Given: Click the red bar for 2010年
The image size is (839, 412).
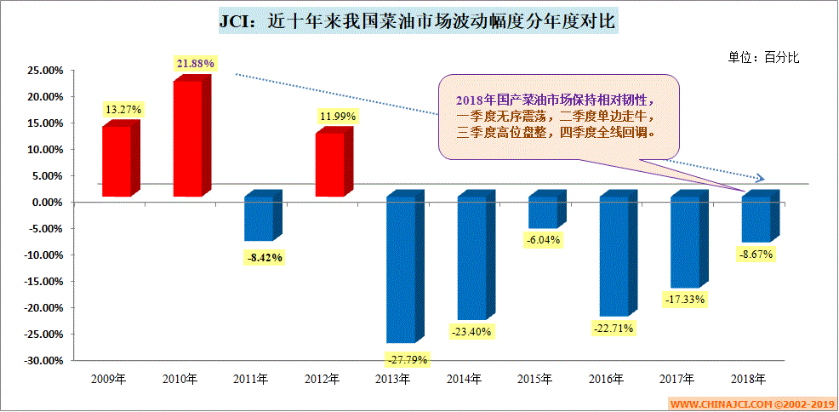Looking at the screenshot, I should pyautogui.click(x=190, y=138).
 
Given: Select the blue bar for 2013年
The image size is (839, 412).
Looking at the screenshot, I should pyautogui.click(x=402, y=269).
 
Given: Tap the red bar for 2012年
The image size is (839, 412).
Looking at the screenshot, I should pyautogui.click(x=332, y=163).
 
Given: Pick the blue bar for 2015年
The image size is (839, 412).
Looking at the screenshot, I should pyautogui.click(x=545, y=213).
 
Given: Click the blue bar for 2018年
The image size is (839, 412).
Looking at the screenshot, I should pyautogui.click(x=757, y=219).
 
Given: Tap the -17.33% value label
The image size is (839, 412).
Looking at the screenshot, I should pyautogui.click(x=684, y=300).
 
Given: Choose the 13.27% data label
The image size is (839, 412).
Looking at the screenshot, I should pyautogui.click(x=123, y=110).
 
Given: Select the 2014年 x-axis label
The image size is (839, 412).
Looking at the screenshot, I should pyautogui.click(x=465, y=379).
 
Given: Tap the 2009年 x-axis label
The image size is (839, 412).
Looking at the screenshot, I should pyautogui.click(x=109, y=379).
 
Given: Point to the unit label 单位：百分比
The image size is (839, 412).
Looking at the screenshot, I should pyautogui.click(x=763, y=57).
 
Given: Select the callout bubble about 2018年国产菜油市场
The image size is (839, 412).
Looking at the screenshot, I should pyautogui.click(x=558, y=117).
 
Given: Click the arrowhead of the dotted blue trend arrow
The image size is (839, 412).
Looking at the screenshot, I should pyautogui.click(x=760, y=179).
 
